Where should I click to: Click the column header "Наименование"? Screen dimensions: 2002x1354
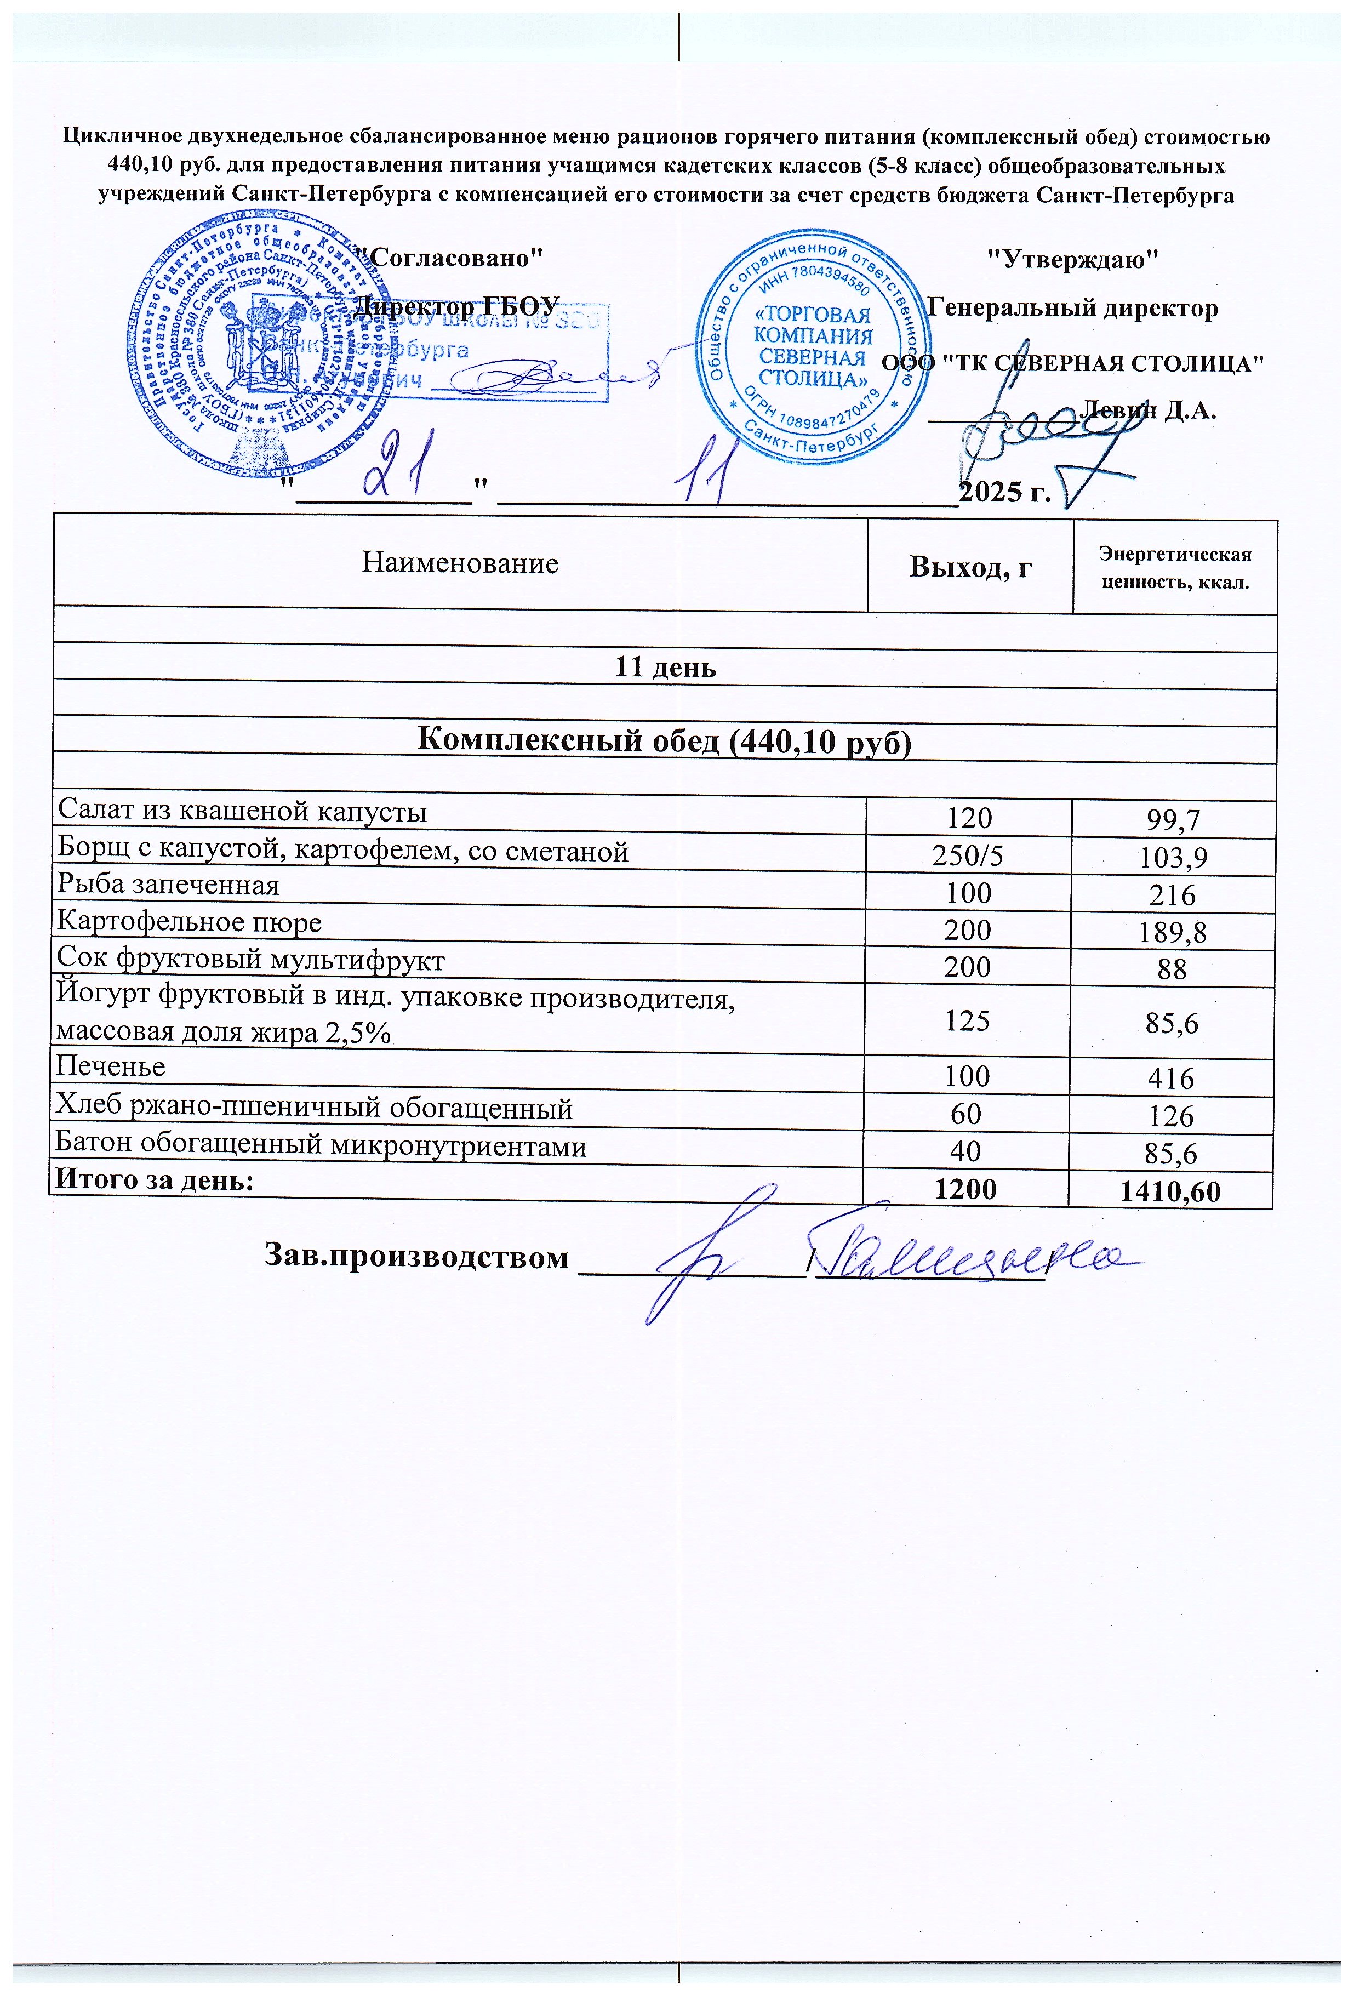460,563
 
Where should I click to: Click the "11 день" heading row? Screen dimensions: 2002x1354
664,668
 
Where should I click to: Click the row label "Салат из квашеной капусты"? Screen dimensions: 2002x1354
242,812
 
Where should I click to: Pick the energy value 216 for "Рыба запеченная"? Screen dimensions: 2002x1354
1172,894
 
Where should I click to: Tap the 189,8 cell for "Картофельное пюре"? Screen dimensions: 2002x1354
1172,931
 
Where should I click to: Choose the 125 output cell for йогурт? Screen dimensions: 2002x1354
967,1021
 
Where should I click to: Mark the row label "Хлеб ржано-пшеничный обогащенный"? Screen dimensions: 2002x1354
315,1108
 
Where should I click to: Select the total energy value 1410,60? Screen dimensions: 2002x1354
1170,1191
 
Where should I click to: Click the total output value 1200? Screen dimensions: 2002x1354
965,1189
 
